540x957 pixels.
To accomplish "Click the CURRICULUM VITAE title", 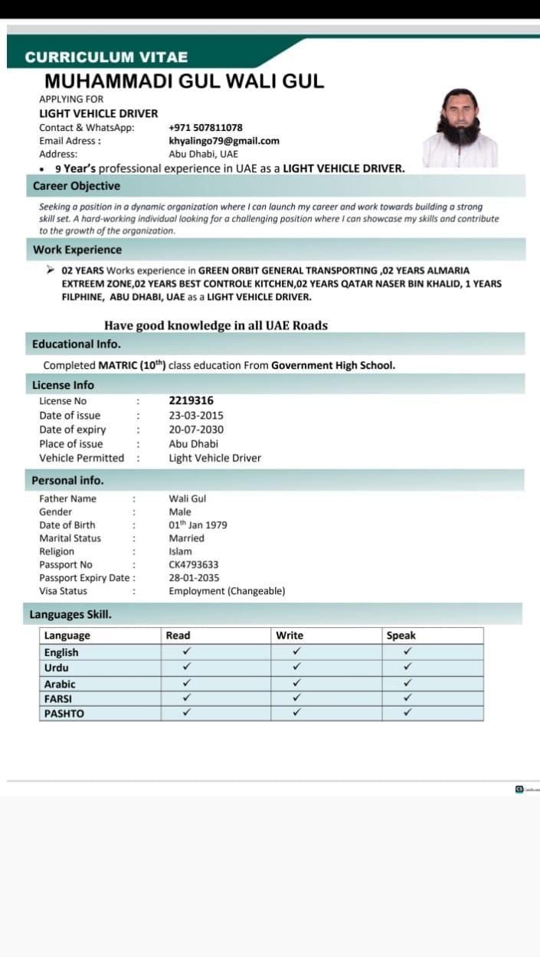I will click(x=106, y=57).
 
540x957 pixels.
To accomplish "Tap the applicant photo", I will click(x=460, y=128).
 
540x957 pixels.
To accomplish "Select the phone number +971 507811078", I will click(x=205, y=128).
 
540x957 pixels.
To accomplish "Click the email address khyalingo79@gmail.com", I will click(x=224, y=141).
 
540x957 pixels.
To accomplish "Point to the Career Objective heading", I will click(x=77, y=186).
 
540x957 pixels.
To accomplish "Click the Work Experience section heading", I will click(x=77, y=250).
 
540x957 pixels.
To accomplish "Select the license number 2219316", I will click(x=191, y=400).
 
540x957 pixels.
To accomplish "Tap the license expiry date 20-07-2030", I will click(x=196, y=430).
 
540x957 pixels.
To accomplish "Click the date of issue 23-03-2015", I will click(x=196, y=415).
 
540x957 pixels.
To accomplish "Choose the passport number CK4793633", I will click(x=193, y=565).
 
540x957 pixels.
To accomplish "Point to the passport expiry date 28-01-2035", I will click(x=194, y=578).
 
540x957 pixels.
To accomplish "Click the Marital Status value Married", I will click(x=186, y=538).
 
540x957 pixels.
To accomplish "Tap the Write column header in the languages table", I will click(x=290, y=635).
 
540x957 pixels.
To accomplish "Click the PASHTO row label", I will click(x=64, y=714).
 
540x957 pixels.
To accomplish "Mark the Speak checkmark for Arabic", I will click(x=407, y=684).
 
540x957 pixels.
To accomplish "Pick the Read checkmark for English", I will click(x=187, y=652).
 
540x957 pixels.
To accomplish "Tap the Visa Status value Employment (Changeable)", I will click(x=227, y=591).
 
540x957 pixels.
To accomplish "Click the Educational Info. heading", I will click(x=77, y=344).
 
